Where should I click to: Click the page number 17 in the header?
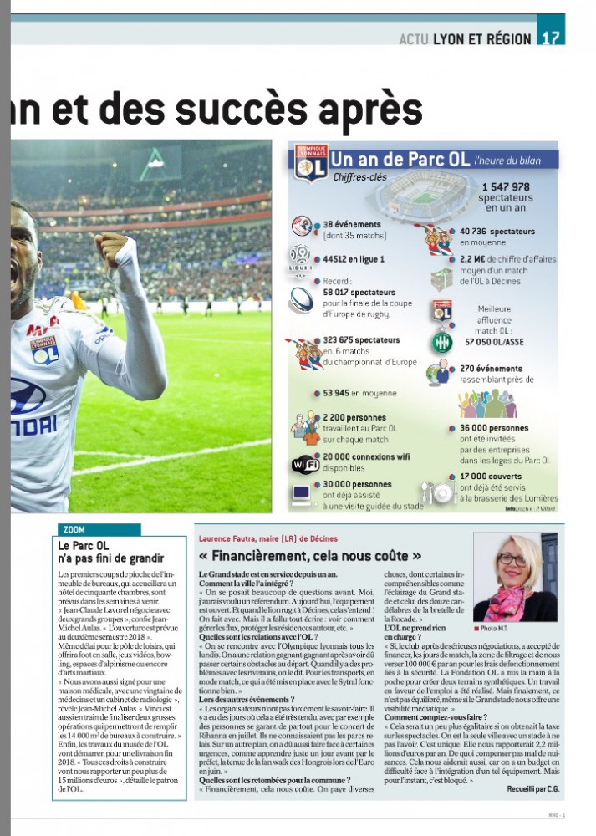coord(551,38)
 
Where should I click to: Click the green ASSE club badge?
coord(441,342)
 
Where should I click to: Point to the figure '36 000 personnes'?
coord(494,428)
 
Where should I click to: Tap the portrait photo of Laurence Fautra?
coord(515,578)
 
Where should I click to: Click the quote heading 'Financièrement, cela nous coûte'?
coord(309,555)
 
